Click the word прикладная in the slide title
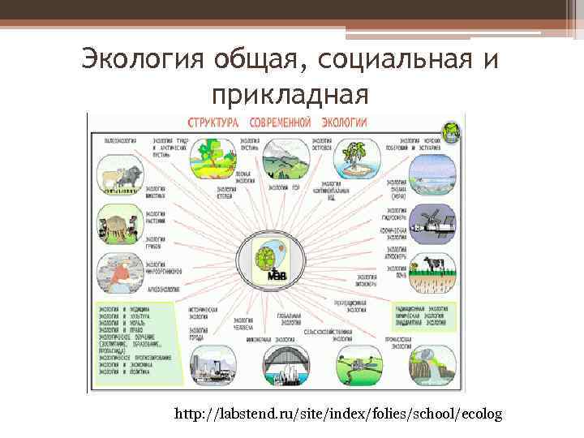click(291, 95)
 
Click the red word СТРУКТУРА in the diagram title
click(213, 122)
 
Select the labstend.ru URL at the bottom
click(338, 414)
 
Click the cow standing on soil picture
click(432, 275)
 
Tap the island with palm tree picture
click(354, 160)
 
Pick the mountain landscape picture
click(281, 158)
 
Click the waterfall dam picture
click(429, 368)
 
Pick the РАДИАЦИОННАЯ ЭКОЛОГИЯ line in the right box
click(421, 309)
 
